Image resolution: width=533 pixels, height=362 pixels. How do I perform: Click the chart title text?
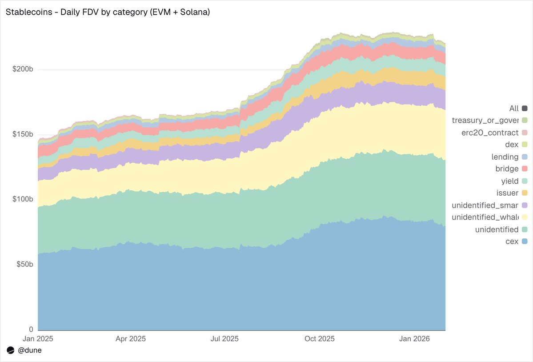[108, 12]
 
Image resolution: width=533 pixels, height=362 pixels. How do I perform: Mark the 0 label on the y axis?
[31, 330]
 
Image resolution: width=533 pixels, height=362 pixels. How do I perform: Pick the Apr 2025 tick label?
[131, 339]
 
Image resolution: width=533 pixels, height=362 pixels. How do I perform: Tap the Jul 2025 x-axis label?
[224, 339]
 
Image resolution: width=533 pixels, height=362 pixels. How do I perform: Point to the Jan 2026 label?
[414, 339]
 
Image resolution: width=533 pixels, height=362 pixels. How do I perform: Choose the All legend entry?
[514, 109]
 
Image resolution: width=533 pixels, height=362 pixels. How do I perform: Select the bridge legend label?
[508, 169]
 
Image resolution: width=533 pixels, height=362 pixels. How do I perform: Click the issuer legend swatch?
[525, 193]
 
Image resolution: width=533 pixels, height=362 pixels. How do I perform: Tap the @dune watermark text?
[30, 350]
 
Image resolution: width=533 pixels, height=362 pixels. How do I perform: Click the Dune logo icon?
[11, 350]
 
